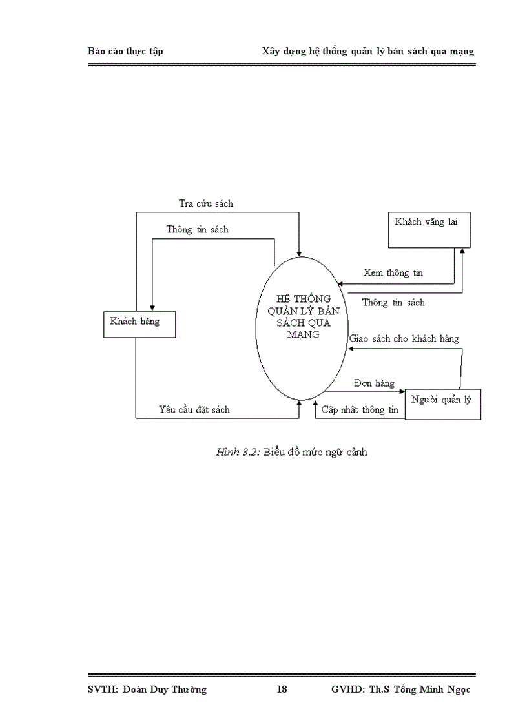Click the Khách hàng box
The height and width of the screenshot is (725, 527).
[139, 323]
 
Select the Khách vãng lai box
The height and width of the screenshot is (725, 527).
[429, 229]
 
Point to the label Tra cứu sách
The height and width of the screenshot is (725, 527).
[205, 203]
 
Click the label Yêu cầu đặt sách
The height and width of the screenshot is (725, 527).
[194, 409]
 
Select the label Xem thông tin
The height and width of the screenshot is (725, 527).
[393, 273]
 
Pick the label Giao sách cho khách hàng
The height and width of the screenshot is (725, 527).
[404, 338]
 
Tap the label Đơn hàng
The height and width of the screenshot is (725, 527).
[374, 383]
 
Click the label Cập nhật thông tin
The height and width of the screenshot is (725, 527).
[360, 409]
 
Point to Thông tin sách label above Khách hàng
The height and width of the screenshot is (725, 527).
[197, 229]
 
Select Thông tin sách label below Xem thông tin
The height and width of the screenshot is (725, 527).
[393, 302]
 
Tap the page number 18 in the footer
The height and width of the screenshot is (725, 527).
[282, 689]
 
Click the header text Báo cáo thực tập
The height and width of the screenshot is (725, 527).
[125, 51]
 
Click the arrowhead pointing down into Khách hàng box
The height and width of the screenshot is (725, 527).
[151, 308]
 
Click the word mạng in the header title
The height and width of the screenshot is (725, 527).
[462, 52]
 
